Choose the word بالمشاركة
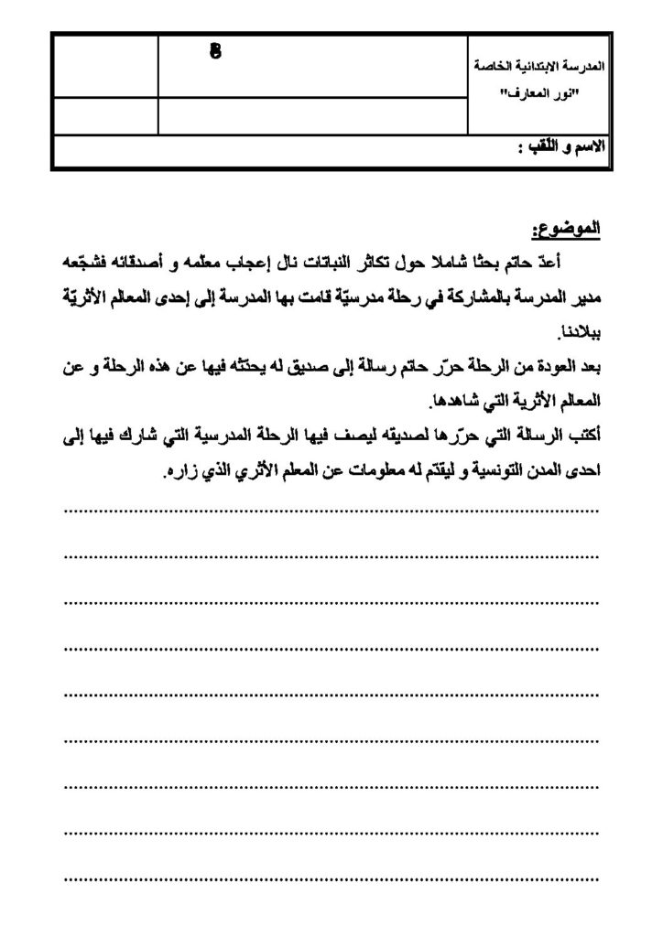(x=468, y=297)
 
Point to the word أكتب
(x=581, y=437)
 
